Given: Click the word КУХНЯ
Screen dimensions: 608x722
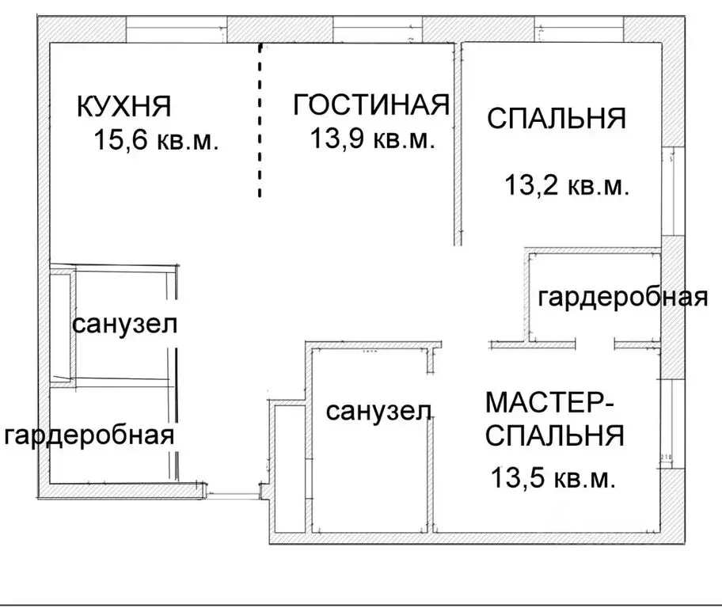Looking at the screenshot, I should (x=124, y=106).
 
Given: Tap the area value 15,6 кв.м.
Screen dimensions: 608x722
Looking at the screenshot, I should (x=155, y=142).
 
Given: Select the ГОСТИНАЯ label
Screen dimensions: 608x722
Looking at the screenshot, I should (x=370, y=105).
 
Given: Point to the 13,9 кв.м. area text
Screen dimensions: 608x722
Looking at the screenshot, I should (x=371, y=140).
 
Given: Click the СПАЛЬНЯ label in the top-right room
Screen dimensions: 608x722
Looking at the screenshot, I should (x=557, y=119).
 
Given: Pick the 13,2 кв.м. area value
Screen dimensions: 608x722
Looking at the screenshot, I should (x=566, y=187).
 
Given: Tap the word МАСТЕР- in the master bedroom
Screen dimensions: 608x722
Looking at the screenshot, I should (x=549, y=403).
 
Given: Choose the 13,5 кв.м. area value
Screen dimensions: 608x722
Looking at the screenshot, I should (x=553, y=477).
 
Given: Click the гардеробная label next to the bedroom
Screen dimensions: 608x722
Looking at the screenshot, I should (x=621, y=298).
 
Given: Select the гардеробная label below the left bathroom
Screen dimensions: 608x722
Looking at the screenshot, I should (x=89, y=435).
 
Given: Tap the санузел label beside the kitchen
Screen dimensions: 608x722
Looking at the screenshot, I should (x=124, y=325).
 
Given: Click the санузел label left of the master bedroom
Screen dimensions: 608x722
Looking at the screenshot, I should (x=378, y=411).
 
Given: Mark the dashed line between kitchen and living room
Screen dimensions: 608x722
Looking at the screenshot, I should (x=260, y=119).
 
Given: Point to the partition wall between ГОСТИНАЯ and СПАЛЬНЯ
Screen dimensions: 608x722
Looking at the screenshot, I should (x=457, y=142).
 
